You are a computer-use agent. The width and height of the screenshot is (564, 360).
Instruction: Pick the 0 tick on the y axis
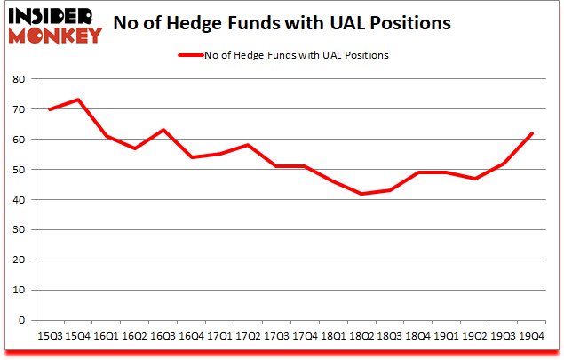tap(20, 321)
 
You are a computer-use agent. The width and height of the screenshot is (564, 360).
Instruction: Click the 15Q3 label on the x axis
tap(49, 336)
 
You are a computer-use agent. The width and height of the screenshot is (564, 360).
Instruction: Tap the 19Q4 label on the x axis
tap(531, 336)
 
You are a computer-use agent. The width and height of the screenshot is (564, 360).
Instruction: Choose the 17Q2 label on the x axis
tap(248, 336)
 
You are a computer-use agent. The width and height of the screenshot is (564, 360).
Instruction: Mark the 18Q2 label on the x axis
tap(361, 336)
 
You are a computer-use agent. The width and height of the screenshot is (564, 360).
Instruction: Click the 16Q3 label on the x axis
tap(163, 336)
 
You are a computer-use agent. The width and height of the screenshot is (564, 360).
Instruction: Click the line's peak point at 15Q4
tap(77, 100)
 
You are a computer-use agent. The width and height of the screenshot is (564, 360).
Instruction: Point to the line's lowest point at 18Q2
tap(361, 194)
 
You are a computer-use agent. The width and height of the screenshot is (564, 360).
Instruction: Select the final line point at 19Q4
tap(531, 133)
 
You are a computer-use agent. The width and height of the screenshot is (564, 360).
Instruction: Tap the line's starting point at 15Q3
tap(49, 109)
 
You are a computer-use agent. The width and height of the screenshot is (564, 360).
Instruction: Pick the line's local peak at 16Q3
tap(163, 130)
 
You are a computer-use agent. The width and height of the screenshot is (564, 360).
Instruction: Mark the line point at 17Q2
tap(248, 145)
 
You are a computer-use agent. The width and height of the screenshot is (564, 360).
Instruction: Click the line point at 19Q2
tap(474, 179)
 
